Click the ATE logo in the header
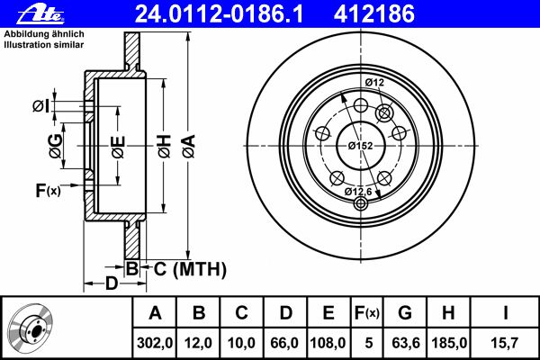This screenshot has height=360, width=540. pos(41,14)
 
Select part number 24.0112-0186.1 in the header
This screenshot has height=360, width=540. pos(219,14)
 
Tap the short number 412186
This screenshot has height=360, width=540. pos(374,14)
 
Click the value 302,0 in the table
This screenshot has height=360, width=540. pos(155,343)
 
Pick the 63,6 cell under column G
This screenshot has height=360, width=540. pos(406,343)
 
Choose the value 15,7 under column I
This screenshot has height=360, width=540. pos(504,343)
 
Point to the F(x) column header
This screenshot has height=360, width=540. pos(367,313)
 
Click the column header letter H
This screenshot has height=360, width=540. pos(448,313)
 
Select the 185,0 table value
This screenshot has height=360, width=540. pos(449,343)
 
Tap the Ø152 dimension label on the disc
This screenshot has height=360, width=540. pos(360,146)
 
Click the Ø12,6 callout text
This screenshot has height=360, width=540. pos(358,192)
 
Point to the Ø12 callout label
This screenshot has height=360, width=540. pos(374,83)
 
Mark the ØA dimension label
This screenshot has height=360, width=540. pos(189,147)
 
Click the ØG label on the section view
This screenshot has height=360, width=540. pos(56,146)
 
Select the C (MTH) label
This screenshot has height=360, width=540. pos(190,269)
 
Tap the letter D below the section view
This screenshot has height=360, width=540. pos(112,283)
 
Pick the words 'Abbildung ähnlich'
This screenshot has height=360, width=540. pos(44,34)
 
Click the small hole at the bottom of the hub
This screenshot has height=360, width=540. pos(361,204)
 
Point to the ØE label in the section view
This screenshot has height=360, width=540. pos(118,147)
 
